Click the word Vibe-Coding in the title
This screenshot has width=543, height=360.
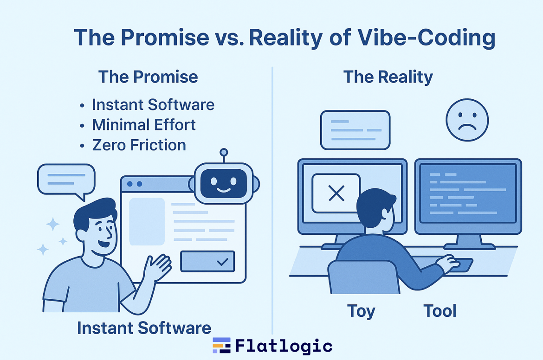click(427, 38)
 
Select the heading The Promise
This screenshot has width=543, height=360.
click(148, 77)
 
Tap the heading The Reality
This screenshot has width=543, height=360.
click(388, 77)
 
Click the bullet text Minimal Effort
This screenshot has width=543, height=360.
click(144, 125)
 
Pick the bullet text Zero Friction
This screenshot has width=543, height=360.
click(139, 145)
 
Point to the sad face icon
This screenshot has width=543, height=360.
click(467, 120)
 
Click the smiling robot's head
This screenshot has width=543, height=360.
click(224, 183)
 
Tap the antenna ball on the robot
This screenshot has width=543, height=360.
click(224, 152)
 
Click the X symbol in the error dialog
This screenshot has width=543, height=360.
click(336, 193)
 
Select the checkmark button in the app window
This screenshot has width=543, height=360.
click(207, 261)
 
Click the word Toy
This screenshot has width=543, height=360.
click(361, 311)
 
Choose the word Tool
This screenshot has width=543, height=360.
click(440, 311)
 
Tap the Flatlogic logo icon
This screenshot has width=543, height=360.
click(222, 345)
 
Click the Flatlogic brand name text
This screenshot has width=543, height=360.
click(284, 346)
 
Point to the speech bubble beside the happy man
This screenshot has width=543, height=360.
click(66, 180)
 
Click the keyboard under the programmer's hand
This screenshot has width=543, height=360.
click(460, 265)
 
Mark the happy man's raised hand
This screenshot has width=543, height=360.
click(158, 267)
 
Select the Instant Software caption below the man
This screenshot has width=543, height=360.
click(144, 328)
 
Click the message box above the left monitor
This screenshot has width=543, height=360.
click(356, 130)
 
